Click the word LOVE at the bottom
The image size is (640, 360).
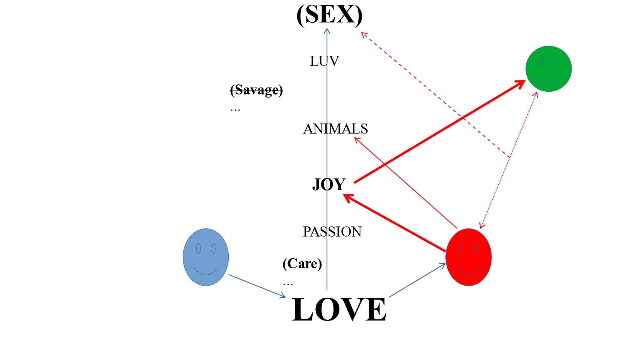[339, 310]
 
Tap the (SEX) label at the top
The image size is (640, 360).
[329, 15]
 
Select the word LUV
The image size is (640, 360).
[324, 61]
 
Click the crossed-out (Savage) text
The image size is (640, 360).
[257, 90]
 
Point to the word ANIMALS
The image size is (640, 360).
[335, 129]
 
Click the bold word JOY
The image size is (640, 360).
[329, 184]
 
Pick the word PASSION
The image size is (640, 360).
[332, 232]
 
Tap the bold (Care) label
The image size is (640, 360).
[302, 264]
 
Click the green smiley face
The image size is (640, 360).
[548, 69]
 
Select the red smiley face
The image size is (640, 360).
[468, 257]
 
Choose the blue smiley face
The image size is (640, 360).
[205, 257]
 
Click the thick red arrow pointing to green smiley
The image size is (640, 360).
[440, 132]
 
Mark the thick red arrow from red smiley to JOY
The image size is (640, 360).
[395, 223]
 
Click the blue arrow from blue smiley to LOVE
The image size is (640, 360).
[257, 286]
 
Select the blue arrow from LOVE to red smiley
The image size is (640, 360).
[417, 281]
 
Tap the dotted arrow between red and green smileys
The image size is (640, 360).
[508, 159]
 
